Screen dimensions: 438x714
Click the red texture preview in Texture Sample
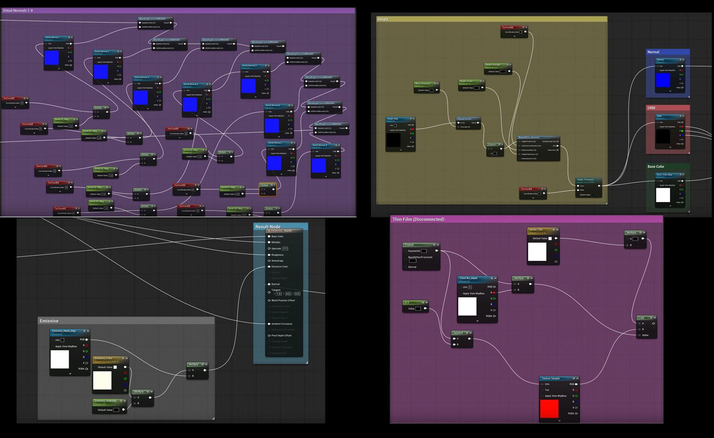[x=549, y=409]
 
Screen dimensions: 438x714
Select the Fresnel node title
[x=410, y=245]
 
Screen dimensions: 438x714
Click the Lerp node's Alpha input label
[x=645, y=335]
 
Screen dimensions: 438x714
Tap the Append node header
[x=458, y=333]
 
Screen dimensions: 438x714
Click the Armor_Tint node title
[x=536, y=230]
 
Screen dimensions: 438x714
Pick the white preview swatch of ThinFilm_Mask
[x=467, y=306]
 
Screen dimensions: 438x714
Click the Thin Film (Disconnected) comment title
[x=418, y=219]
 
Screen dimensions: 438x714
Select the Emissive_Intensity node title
[x=106, y=401]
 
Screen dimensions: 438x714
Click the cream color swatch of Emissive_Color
[x=102, y=380]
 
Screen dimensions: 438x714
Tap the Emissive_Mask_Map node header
[x=64, y=331]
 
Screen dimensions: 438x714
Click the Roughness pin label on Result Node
[x=278, y=255]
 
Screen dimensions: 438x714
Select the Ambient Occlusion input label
[x=282, y=324]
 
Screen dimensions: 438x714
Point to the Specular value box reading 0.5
[x=285, y=248]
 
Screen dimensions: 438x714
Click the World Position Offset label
[x=283, y=300]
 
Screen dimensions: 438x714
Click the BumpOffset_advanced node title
[x=529, y=137]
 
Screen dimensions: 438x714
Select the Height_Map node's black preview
[x=393, y=140]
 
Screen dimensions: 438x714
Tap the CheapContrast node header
[x=465, y=119]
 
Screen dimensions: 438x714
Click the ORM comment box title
[x=652, y=108]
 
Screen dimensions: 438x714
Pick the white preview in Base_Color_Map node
[x=663, y=195]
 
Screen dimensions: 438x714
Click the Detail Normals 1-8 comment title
[x=18, y=10]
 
